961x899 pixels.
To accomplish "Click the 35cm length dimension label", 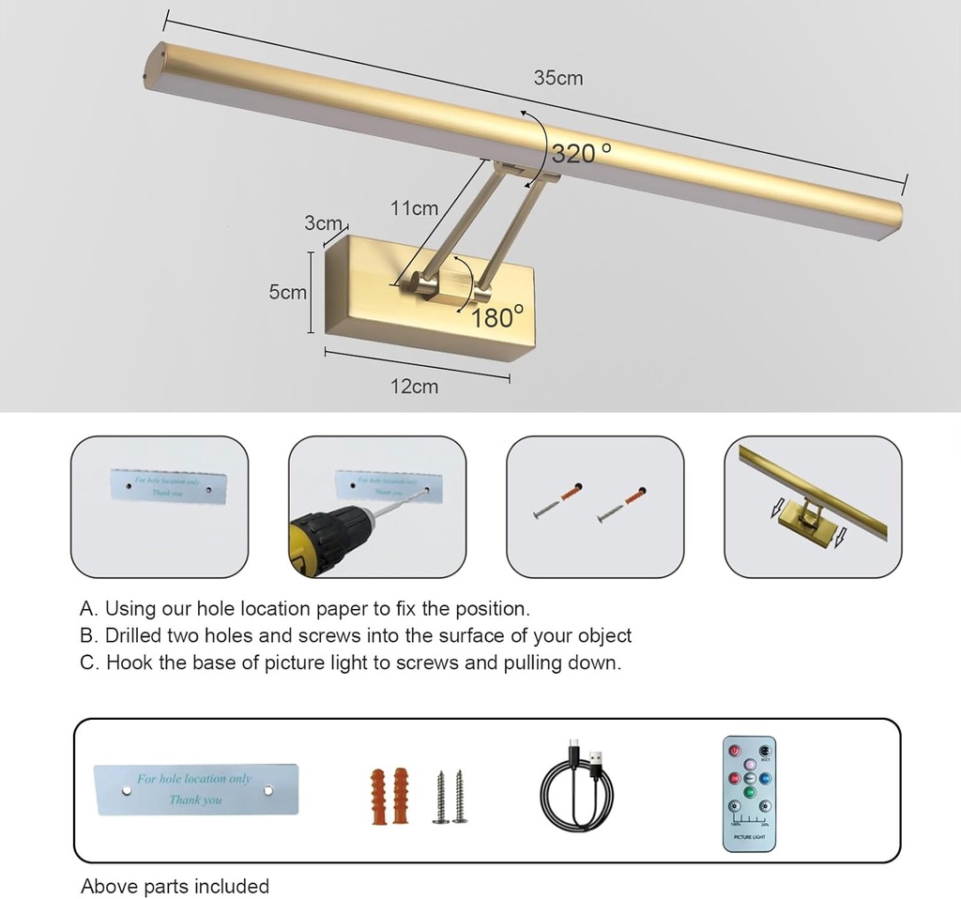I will tap(558, 79).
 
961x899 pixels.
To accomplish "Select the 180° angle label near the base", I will tap(497, 317).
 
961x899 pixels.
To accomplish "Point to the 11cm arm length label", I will tap(415, 208).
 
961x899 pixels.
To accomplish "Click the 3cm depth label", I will tap(323, 223).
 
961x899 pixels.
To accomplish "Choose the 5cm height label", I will tap(287, 292).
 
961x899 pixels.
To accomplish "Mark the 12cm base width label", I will tap(414, 387).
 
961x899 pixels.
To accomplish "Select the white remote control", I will tap(749, 793).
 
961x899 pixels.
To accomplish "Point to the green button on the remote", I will tap(750, 793).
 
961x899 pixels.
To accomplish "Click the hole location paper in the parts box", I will tap(196, 789).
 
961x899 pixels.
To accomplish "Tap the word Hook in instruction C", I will tap(130, 663).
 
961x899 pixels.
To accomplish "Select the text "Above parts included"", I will tap(175, 886).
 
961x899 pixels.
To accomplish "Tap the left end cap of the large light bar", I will tap(151, 66).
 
